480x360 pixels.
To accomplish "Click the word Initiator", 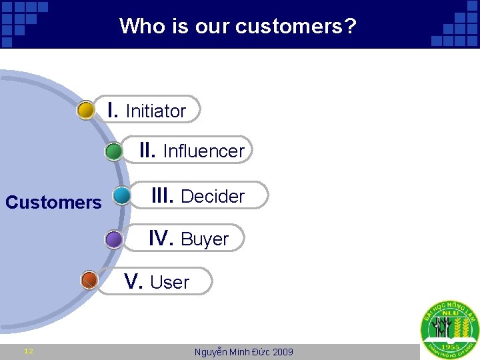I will (155, 111).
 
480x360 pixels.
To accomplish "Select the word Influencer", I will (203, 151).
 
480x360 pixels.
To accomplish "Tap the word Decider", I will (213, 197).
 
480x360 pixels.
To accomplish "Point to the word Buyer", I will (205, 239).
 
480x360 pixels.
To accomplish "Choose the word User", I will (169, 283).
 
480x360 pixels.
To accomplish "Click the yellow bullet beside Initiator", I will (85, 110).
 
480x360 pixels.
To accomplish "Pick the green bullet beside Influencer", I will (114, 151).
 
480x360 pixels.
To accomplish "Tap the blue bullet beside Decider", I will (122, 195).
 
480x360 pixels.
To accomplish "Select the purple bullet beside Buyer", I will (114, 239).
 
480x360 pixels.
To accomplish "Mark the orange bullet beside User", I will (89, 280).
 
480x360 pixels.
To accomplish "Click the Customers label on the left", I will (53, 202).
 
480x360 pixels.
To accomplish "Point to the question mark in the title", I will (351, 27).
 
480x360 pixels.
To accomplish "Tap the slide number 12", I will (29, 351).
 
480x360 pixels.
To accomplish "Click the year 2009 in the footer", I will (282, 352).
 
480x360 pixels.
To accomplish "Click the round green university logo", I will (449, 329).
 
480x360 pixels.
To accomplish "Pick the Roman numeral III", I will (163, 195).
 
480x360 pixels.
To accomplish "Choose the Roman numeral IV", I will (161, 238).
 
